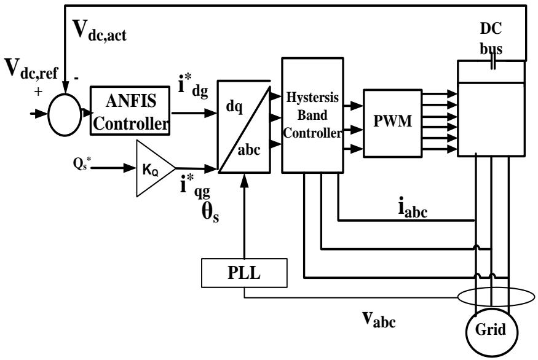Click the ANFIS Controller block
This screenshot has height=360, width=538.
click(x=130, y=109)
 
